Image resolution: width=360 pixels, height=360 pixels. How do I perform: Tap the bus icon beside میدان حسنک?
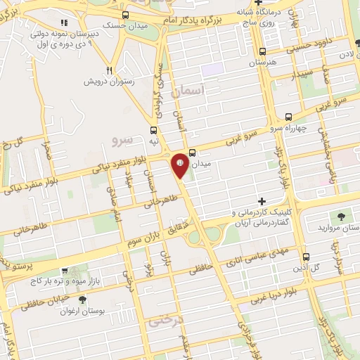pos(126,15)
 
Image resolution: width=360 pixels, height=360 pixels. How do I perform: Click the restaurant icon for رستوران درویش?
pos(109,70)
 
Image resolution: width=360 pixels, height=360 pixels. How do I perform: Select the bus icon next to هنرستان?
pos(262,51)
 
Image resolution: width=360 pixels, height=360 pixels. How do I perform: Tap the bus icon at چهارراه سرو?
pos(288,118)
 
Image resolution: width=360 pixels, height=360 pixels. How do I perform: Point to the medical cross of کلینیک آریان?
pos(262,202)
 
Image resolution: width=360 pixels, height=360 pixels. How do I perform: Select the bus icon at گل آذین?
pos(305,257)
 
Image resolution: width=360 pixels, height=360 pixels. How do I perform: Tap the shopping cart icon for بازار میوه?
pos(65,270)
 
